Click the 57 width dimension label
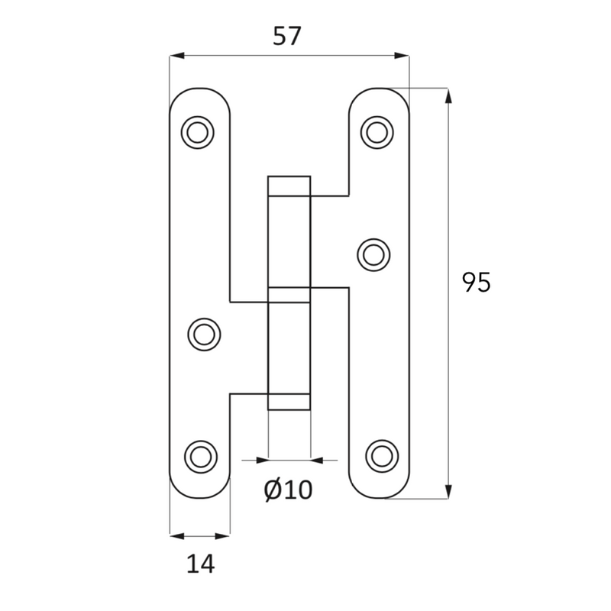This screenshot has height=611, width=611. click(x=287, y=36)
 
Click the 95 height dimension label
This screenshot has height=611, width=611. click(x=476, y=282)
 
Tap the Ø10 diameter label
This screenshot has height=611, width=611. click(x=289, y=490)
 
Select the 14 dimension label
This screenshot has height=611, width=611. click(x=201, y=564)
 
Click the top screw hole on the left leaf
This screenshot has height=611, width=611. click(x=198, y=132)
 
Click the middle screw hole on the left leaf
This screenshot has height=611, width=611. click(x=204, y=335)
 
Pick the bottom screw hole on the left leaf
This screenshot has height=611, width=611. click(x=201, y=457)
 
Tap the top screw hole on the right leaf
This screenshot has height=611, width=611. click(x=377, y=132)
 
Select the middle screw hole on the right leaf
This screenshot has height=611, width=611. click(x=373, y=255)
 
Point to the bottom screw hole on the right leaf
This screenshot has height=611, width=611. click(x=383, y=456)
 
